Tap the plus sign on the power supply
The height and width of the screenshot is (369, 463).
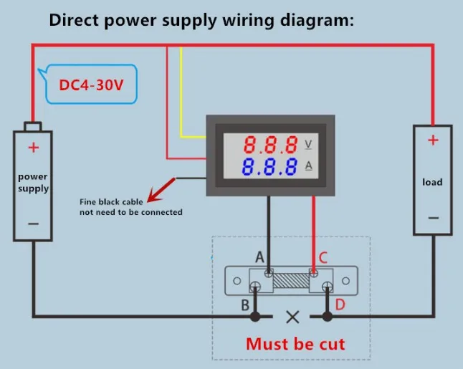[x=33, y=148]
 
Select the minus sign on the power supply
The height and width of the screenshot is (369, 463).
[x=33, y=224]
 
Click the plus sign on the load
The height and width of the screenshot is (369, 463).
[x=432, y=140]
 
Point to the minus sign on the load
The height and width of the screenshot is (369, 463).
[x=432, y=217]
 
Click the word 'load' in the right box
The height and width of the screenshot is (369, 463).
[x=432, y=182]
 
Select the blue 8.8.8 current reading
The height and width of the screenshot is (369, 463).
[x=271, y=168]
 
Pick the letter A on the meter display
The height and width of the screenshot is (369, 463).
[x=309, y=167]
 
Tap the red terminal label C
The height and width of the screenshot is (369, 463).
[x=323, y=257]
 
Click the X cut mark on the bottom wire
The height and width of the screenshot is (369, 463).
[x=292, y=316]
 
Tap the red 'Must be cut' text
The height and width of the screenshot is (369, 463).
[x=295, y=344]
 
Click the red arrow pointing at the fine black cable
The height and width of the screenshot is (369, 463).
[x=161, y=188]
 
